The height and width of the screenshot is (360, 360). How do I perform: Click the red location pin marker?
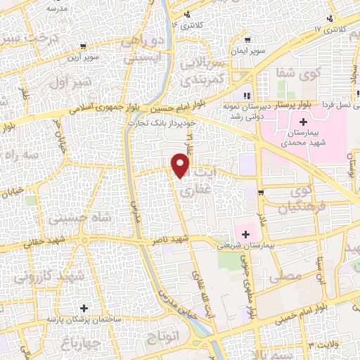(x=181, y=166)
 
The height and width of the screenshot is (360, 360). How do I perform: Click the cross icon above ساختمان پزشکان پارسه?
(x=84, y=308)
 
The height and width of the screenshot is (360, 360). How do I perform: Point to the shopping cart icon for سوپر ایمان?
(x=247, y=40)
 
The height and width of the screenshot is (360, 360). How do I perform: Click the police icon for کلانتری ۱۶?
(x=186, y=14)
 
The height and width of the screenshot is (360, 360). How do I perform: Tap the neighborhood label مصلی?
(x=284, y=276)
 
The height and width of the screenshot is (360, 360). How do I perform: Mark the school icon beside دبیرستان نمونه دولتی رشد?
(x=246, y=96)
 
